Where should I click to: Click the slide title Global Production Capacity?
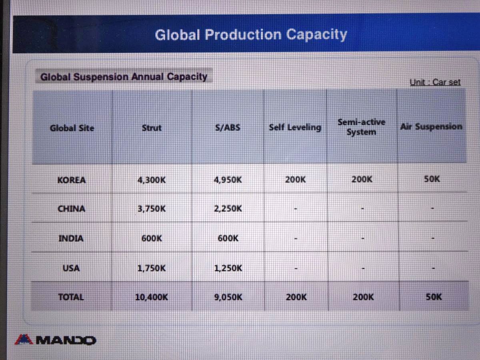(251, 35)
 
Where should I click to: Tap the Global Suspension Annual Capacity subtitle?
(124, 77)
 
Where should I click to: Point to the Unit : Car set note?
(435, 82)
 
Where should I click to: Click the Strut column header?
(152, 128)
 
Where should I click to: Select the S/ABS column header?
(228, 128)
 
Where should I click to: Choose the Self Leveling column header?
(295, 127)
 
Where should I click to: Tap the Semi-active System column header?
(361, 127)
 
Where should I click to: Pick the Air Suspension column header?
(431, 126)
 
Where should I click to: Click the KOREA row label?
(72, 180)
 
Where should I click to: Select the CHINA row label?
(71, 209)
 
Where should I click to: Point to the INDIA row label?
(71, 238)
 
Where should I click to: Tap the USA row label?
(71, 268)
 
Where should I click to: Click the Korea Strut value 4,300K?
(152, 180)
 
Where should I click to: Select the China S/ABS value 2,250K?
(228, 208)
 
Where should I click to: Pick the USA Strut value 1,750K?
(152, 268)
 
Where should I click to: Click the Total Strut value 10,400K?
(152, 297)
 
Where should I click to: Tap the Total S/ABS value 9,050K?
(228, 297)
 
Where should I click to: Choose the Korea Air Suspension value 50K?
(432, 179)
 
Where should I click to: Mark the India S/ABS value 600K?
(228, 238)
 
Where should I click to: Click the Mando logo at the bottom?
(55, 340)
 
